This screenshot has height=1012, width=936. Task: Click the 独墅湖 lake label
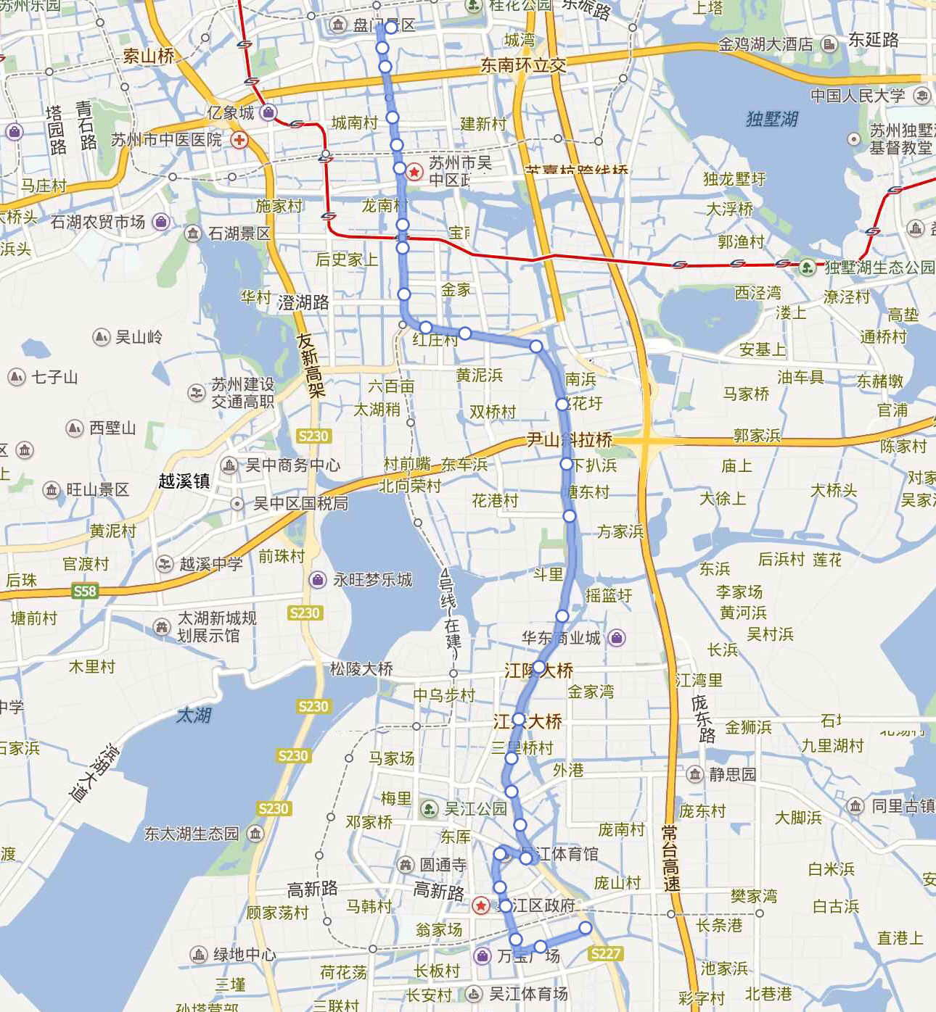[772, 119]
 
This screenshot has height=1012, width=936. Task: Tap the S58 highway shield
[85, 591]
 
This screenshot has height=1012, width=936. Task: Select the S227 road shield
[605, 953]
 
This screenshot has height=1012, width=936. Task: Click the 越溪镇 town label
[184, 481]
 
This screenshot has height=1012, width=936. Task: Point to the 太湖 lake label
[194, 716]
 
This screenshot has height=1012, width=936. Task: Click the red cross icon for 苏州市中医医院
[239, 139]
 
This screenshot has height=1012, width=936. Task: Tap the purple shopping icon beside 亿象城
[268, 112]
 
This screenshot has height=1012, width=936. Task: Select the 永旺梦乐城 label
[372, 579]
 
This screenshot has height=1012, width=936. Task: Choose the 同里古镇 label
[903, 805]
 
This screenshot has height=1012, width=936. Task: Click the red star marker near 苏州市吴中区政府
[414, 172]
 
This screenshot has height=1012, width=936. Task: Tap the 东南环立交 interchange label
[523, 65]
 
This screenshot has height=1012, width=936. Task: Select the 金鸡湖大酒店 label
[765, 44]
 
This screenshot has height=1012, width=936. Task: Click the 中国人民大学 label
[858, 96]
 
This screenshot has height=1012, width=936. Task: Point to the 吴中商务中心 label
[292, 465]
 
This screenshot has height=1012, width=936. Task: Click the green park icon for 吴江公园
[430, 808]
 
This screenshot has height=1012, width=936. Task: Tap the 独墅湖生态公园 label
[879, 267]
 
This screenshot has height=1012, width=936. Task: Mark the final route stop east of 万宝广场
[585, 928]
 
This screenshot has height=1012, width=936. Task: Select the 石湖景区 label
[239, 233]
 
